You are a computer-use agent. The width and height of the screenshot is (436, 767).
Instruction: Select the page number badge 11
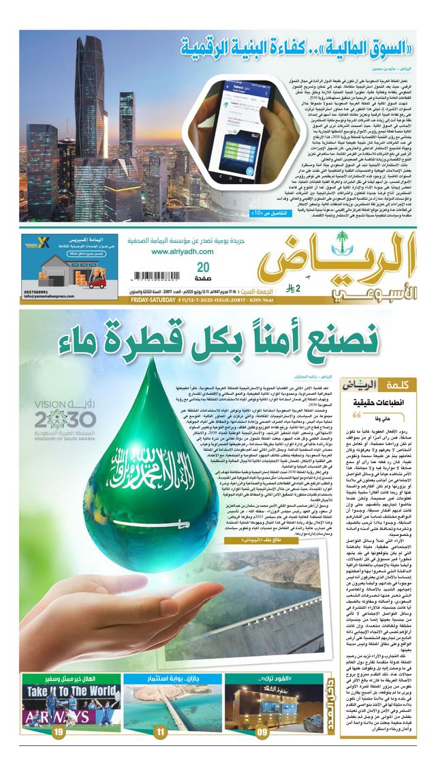click(160, 732)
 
